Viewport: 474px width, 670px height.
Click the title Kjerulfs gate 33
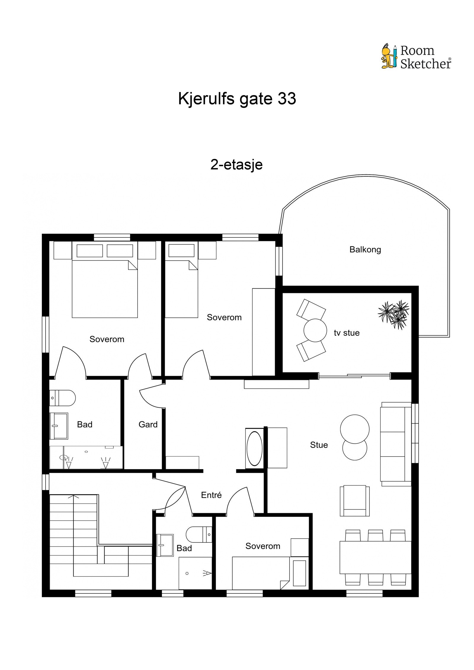tap(237, 99)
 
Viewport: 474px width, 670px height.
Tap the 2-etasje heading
tap(236, 165)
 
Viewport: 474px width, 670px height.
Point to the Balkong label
tap(365, 249)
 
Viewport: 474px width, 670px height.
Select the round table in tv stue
tap(315, 330)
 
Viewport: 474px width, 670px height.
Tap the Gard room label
tap(148, 425)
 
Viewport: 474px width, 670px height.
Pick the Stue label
tap(319, 445)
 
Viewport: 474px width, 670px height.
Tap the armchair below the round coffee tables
tap(355, 501)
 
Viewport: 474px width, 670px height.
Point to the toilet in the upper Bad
tap(63, 398)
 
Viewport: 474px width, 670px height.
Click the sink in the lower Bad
tap(164, 545)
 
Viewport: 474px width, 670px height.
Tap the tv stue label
tap(346, 333)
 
